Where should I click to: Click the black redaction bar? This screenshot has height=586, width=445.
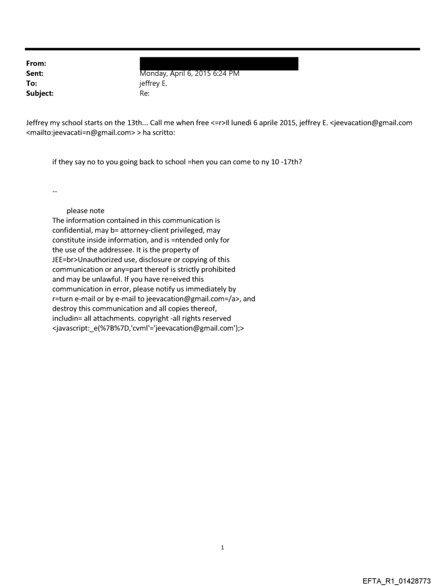[219, 64]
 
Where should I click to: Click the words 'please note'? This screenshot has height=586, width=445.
[86, 211]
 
